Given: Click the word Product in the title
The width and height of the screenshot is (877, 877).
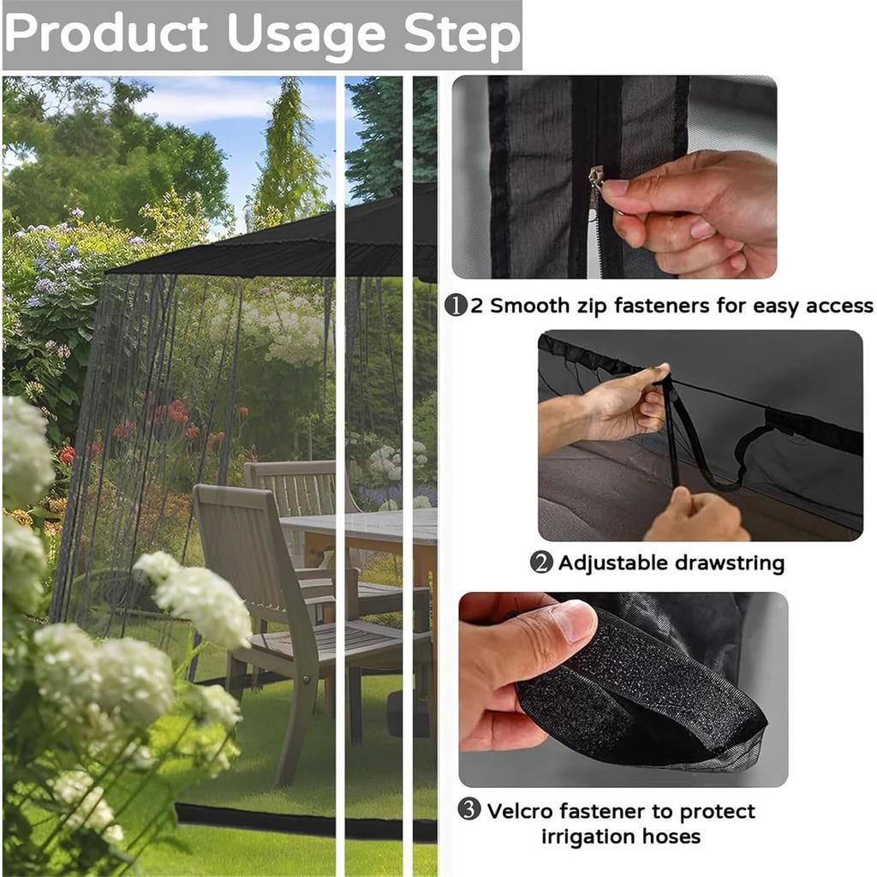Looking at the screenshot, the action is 106,33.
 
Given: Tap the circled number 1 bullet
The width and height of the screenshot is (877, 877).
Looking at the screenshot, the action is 456,306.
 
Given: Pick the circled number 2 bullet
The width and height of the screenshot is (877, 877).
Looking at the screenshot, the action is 541,562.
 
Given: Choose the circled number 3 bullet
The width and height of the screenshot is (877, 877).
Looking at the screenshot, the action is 469,808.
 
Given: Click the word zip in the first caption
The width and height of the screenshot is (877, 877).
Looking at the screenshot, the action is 590,307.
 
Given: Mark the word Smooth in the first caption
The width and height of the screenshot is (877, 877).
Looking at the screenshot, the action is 529,306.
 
